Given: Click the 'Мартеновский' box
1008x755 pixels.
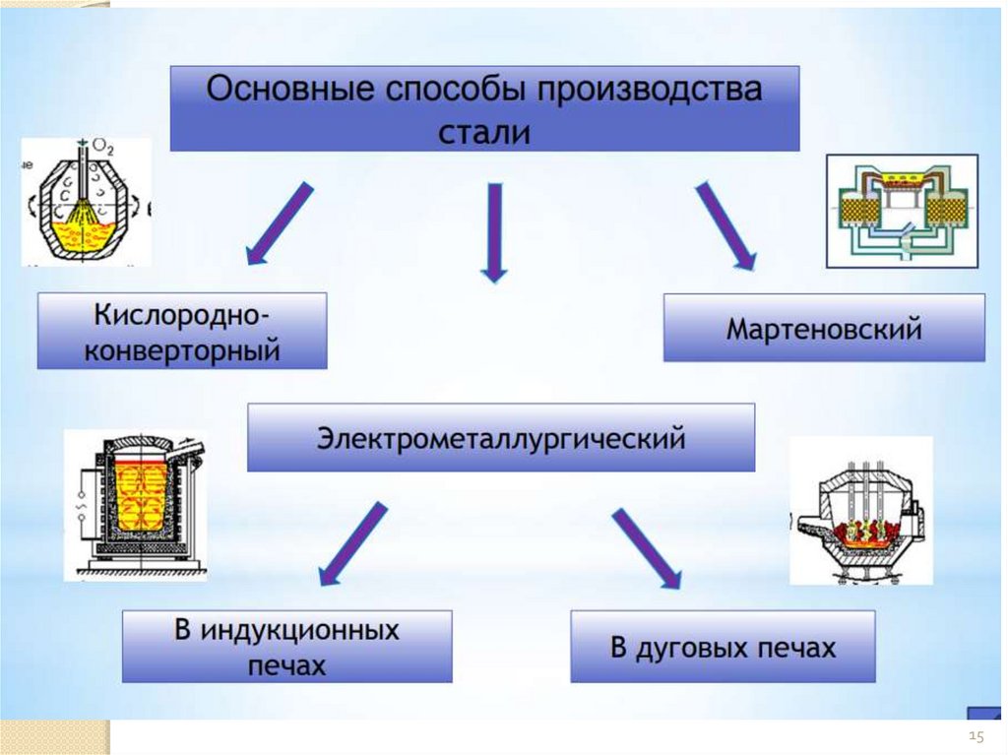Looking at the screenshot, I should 824,328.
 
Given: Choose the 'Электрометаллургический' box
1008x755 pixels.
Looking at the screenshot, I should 500,437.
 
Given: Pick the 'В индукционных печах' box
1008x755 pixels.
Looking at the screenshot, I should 287,647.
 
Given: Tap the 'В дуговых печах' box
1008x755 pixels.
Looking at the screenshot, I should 723,648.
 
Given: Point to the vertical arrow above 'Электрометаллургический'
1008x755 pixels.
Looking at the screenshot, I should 494,232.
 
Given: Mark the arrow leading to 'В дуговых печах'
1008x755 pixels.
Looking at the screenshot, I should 646,547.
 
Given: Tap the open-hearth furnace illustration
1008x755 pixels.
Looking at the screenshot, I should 902,211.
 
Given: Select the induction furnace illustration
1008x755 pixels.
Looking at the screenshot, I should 136,505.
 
